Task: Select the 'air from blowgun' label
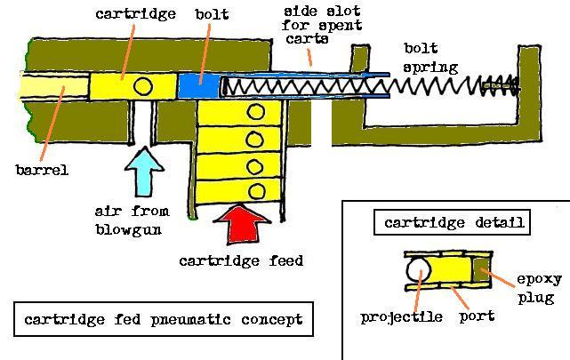click(125, 220)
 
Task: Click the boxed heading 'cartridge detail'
click(453, 222)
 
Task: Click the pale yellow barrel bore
click(52, 86)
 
